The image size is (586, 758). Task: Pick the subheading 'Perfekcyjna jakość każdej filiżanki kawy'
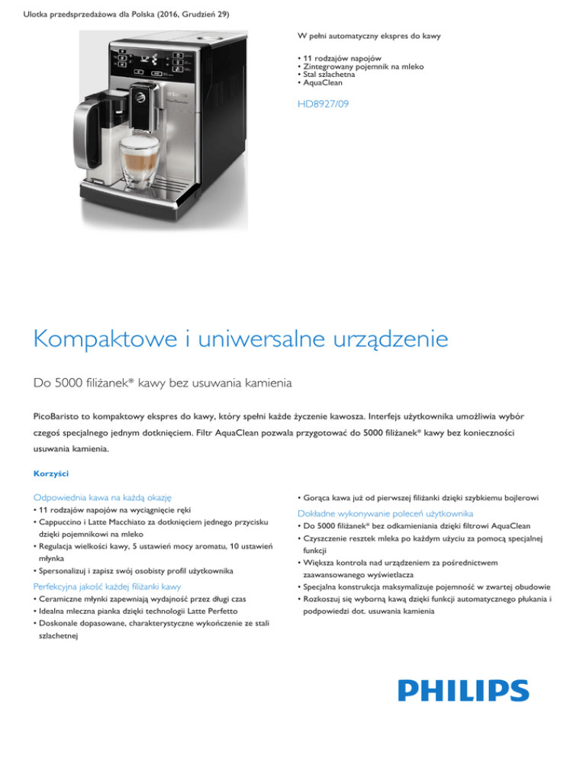[x=107, y=586]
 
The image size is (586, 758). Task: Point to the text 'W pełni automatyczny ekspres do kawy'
[x=369, y=36]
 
